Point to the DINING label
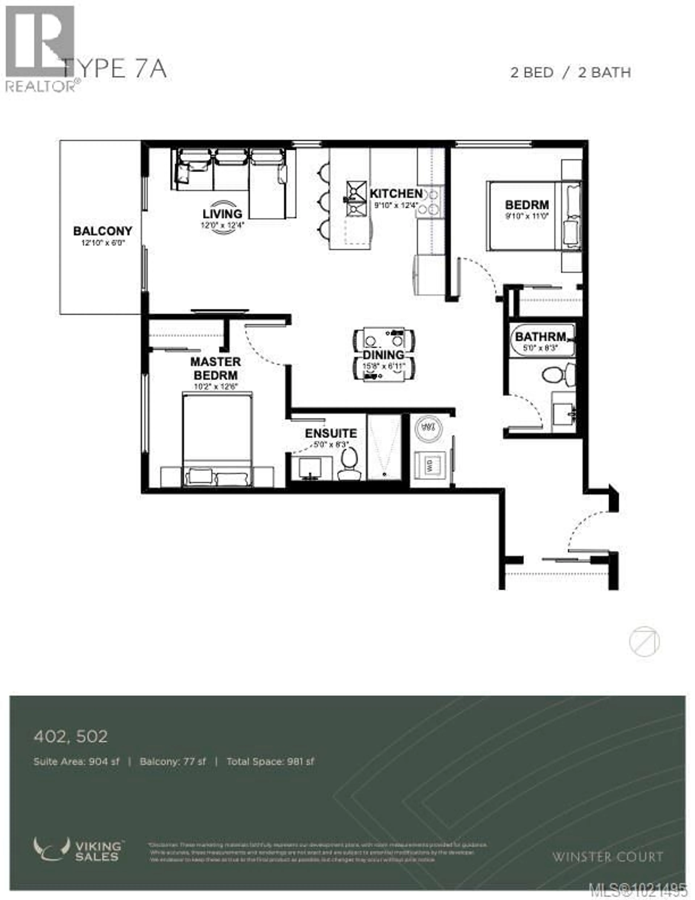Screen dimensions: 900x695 coord(383,355)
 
